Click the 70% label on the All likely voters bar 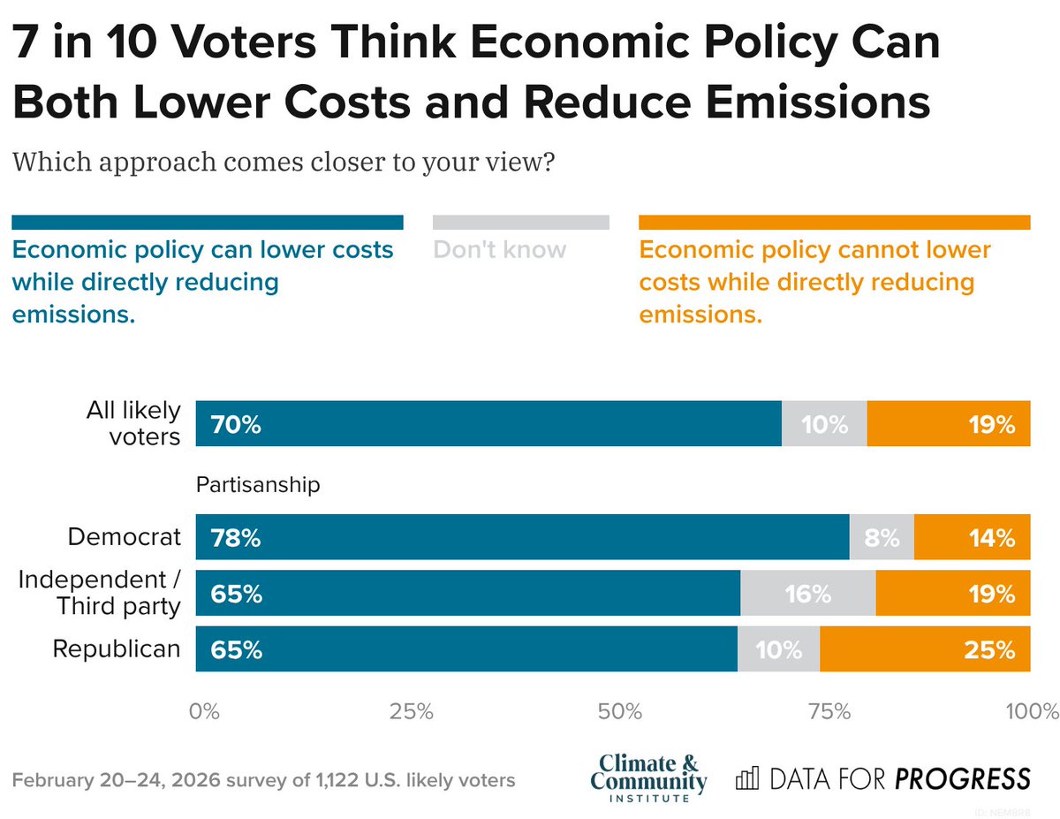(235, 425)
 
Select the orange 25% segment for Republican (924, 649)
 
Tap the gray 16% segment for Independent (807, 594)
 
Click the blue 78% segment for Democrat (521, 537)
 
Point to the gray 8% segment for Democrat (881, 537)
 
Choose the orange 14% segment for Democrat (972, 537)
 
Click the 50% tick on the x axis (618, 712)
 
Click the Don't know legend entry (500, 250)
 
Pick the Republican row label (117, 649)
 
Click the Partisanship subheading (257, 485)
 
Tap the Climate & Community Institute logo (648, 777)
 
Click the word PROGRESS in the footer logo (962, 778)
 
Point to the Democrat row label (125, 537)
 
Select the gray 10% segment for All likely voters (823, 425)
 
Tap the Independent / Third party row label (100, 593)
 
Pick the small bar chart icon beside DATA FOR (747, 778)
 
